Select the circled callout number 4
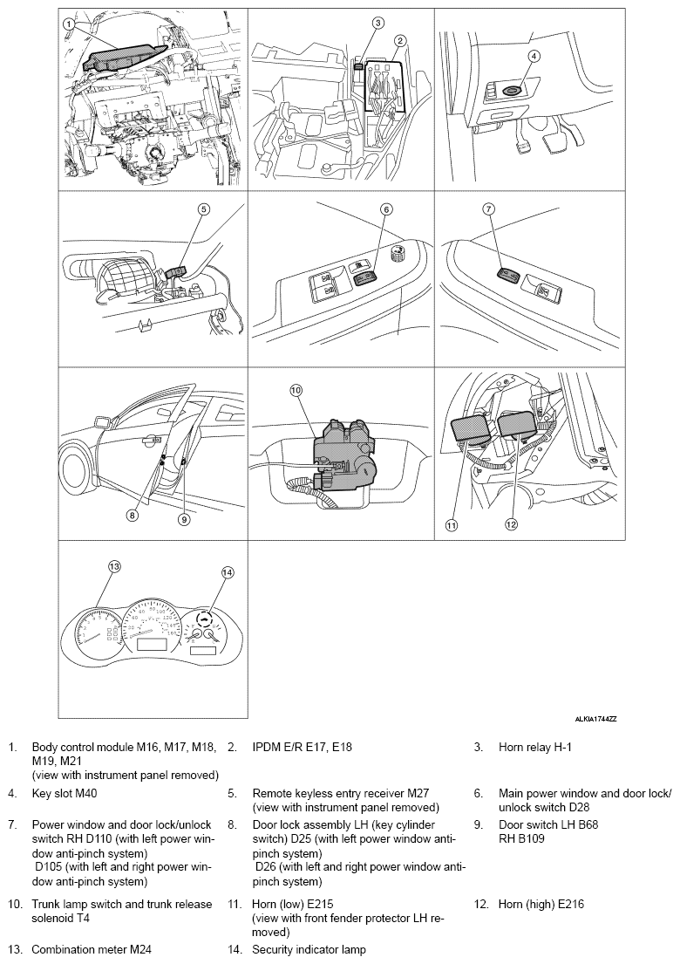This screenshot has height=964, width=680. [x=534, y=55]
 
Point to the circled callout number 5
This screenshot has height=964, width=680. [x=203, y=209]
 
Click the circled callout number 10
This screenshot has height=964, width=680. [x=295, y=393]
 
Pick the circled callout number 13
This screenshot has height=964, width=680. [x=113, y=565]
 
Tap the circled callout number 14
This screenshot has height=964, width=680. [x=228, y=573]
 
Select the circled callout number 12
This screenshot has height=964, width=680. [x=512, y=524]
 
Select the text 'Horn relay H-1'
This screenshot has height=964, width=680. [x=534, y=748]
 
